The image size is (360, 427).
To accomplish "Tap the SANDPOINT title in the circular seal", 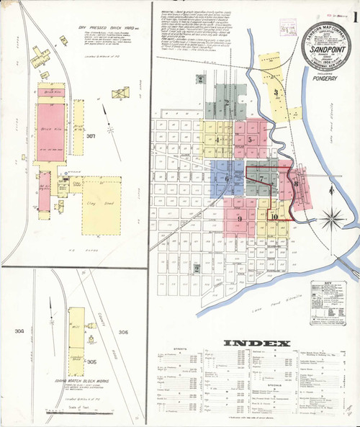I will tap(327, 52).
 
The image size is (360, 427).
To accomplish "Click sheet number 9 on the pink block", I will tap(238, 217).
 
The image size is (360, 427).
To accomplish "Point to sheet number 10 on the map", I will tap(274, 215).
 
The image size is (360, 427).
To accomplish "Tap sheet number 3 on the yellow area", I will tap(275, 92).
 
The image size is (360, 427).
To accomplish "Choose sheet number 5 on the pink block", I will tap(249, 140).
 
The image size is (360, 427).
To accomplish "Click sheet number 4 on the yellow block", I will tap(217, 140).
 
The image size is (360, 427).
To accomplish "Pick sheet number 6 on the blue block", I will tap(228, 178).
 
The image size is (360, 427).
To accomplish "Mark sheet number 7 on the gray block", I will tap(262, 178).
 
